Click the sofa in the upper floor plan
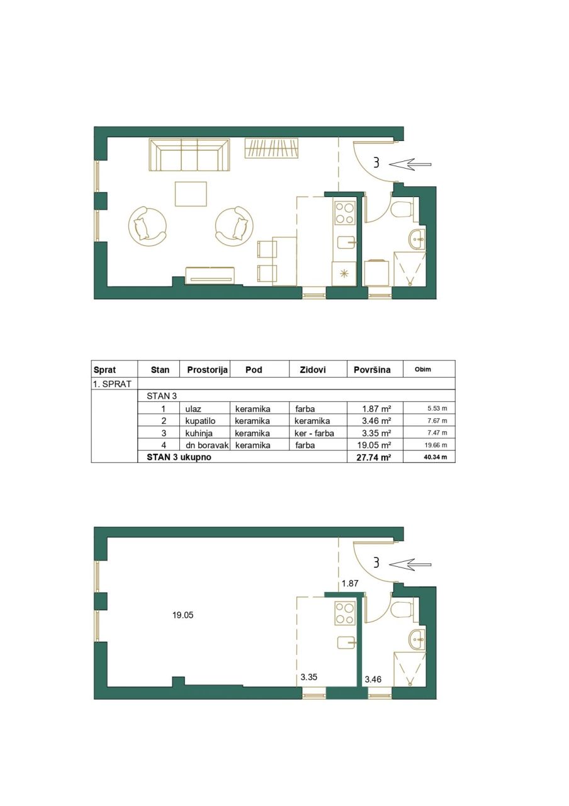[189, 156]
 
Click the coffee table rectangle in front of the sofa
[191, 193]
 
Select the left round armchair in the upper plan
[148, 224]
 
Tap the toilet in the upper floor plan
[401, 210]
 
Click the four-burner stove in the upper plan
[344, 212]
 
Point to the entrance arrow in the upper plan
[410, 165]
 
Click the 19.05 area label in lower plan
[183, 615]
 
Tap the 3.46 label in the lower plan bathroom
[374, 679]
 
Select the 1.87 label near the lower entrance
[350, 584]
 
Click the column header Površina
[372, 370]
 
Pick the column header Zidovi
[312, 370]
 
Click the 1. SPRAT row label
[109, 383]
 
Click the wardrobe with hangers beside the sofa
[271, 149]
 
